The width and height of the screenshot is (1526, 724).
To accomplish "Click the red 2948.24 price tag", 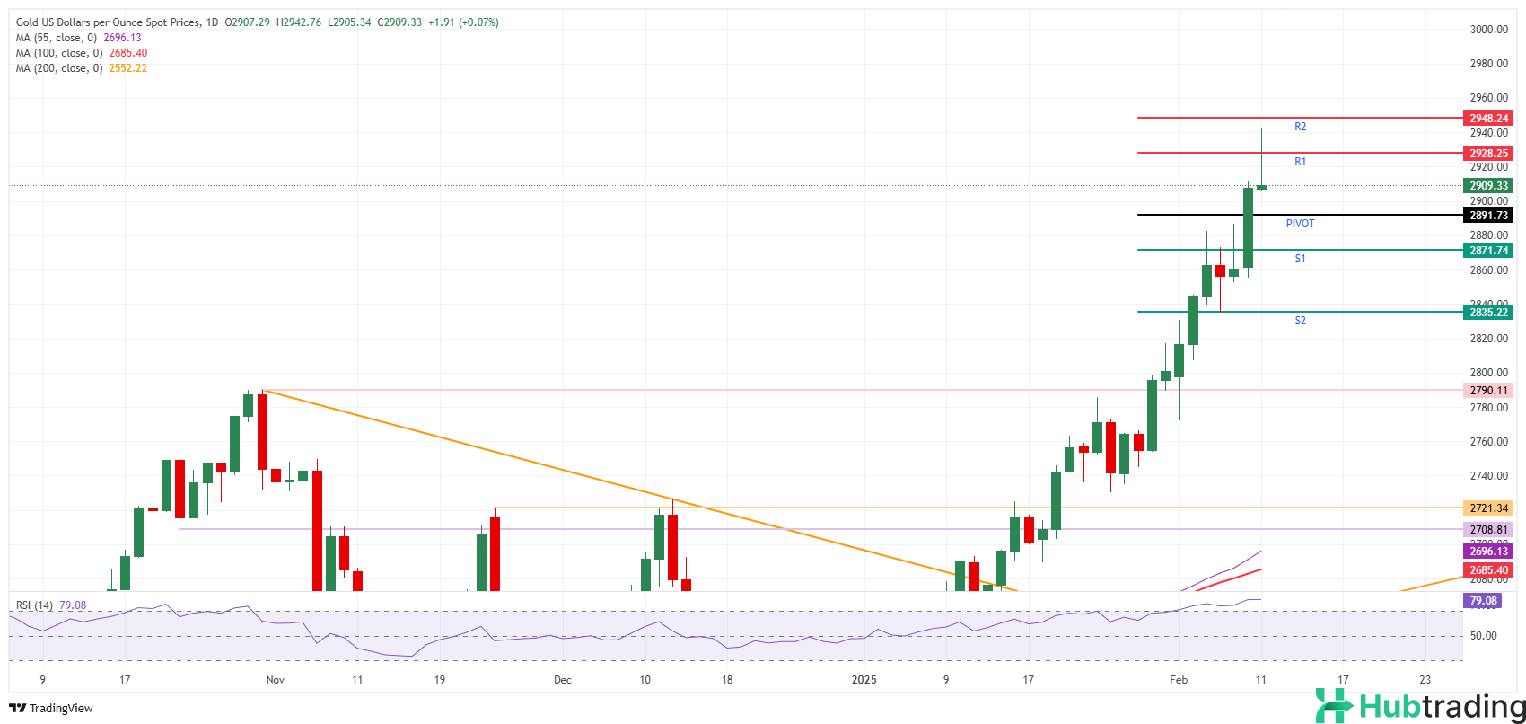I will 1488,119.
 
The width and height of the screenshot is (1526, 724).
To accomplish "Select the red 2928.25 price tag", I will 1488,154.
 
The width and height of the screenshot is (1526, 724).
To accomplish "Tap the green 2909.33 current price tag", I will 1488,186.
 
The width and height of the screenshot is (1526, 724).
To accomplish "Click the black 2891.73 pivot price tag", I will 1488,216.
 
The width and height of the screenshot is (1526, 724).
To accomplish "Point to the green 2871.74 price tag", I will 1488,251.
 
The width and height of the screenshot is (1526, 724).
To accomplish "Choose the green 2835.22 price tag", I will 1488,313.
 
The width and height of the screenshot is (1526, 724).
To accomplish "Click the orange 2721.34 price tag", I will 1488,508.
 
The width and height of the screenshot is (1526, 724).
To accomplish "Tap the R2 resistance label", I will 1300,128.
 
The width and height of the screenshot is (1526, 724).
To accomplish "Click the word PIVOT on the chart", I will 1300,224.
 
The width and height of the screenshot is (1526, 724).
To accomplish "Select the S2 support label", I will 1300,321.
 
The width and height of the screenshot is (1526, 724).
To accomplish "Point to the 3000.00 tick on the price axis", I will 1488,30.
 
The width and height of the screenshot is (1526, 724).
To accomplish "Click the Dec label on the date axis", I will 562,680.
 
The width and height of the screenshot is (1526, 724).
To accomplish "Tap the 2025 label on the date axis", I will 864,680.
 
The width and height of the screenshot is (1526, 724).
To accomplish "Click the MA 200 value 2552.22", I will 127,68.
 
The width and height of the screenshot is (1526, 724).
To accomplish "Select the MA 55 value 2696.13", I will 122,38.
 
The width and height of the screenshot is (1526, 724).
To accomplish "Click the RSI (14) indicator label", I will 35,605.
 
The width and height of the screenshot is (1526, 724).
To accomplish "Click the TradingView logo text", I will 51,709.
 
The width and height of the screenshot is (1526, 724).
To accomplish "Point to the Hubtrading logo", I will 1419,706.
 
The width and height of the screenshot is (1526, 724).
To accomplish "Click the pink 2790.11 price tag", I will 1488,391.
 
